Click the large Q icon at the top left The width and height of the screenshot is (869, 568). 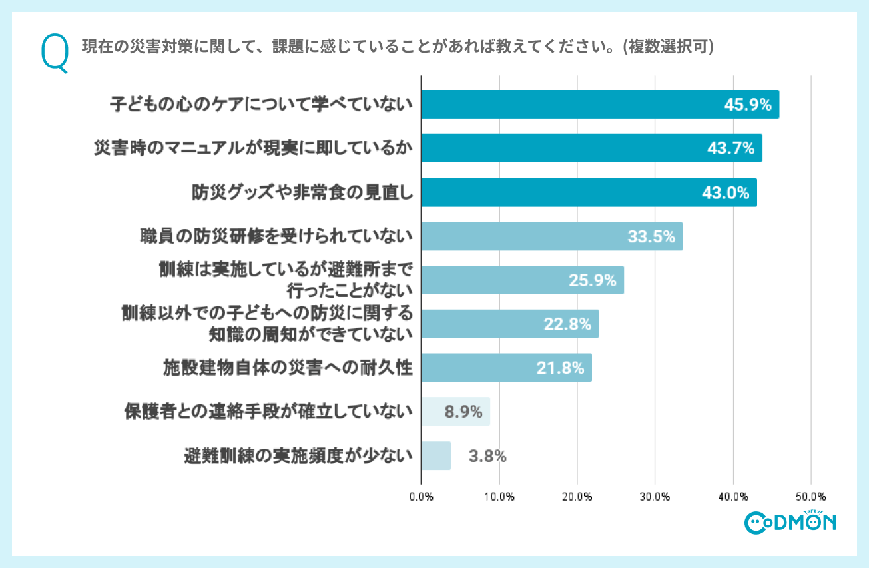pos(54,54)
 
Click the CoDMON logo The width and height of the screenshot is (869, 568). pos(790,521)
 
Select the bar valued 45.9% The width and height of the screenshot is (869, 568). pos(599,105)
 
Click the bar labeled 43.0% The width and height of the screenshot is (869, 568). pos(589,192)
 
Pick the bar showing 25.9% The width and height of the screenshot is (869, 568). pos(522,280)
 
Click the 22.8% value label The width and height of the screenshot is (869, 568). pos(568,324)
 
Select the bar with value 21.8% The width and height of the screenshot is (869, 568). pos(506,368)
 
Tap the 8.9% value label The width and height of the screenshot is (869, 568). pos(463,412)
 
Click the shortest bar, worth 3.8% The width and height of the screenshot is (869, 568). pos(435,456)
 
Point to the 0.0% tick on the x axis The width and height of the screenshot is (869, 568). pos(421,497)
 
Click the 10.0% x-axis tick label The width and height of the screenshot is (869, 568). pos(499,497)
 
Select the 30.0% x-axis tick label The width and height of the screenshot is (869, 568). pos(655,497)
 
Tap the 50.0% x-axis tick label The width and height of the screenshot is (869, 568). pos(810,497)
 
